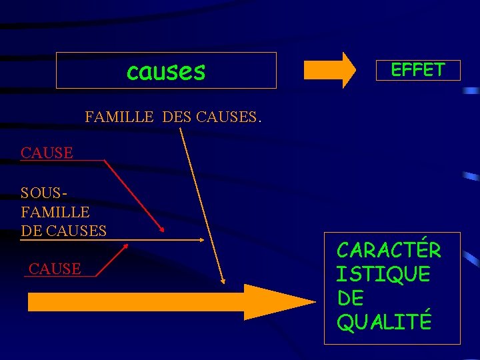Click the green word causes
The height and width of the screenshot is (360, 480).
click(166, 71)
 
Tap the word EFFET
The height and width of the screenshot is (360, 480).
click(417, 69)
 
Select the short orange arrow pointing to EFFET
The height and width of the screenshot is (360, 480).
click(329, 70)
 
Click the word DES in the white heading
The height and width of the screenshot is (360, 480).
click(176, 118)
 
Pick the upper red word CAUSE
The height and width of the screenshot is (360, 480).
click(47, 153)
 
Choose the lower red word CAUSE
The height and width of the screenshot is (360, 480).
click(55, 269)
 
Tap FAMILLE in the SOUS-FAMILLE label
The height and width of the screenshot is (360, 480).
click(55, 212)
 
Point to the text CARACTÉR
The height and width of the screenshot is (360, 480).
click(389, 250)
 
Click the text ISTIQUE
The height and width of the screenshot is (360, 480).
click(383, 274)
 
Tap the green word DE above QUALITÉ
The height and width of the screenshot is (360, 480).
click(351, 298)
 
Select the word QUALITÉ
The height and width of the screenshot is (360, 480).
click(384, 323)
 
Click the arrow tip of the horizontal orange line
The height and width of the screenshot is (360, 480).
click(201, 239)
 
